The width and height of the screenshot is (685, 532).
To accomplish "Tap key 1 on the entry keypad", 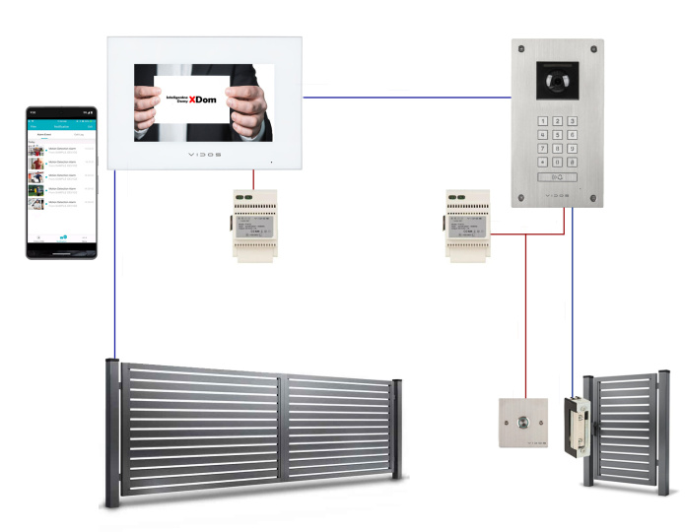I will pos(541,121).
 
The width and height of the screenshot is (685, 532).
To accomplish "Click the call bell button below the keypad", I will pos(557,177).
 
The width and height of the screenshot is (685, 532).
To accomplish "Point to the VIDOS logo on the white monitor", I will pos(205,156).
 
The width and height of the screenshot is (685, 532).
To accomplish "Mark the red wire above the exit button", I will pos(525,315).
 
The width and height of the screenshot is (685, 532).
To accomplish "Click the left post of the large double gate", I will pos(113,433).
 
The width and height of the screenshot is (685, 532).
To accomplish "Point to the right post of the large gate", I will pos(396,430).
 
